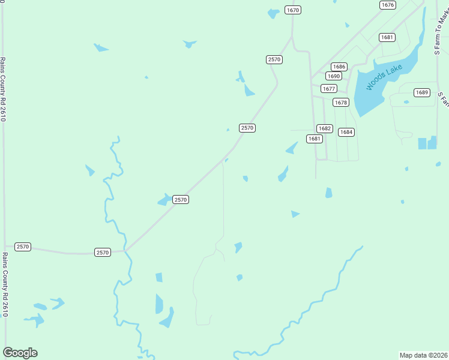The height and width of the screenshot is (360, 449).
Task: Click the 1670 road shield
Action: pyautogui.click(x=293, y=10)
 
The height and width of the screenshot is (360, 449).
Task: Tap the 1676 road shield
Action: pyautogui.click(x=388, y=5)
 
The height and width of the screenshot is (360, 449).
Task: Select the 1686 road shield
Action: pyautogui.click(x=339, y=67)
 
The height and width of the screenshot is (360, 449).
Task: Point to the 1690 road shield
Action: pyautogui.click(x=334, y=76)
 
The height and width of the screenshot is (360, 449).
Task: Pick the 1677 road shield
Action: pyautogui.click(x=328, y=89)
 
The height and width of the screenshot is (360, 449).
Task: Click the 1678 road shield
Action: pyautogui.click(x=341, y=103)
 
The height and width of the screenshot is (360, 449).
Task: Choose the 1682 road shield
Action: pyautogui.click(x=325, y=128)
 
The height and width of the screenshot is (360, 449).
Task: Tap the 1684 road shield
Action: pyautogui.click(x=346, y=132)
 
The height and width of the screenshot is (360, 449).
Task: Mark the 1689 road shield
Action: pyautogui.click(x=422, y=92)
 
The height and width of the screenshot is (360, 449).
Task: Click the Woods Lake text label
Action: pyautogui.click(x=384, y=79)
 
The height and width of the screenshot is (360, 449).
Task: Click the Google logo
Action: pyautogui.click(x=20, y=353)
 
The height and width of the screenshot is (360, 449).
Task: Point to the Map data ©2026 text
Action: pyautogui.click(x=423, y=355)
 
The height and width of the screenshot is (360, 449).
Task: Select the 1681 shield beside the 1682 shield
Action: pyautogui.click(x=314, y=139)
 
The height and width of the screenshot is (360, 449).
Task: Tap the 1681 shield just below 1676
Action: pyautogui.click(x=387, y=37)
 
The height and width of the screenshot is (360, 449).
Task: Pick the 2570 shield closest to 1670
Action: pyautogui.click(x=274, y=59)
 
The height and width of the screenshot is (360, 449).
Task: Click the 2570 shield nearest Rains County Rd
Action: pyautogui.click(x=22, y=247)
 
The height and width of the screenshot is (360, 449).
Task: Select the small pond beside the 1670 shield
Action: pyautogui.click(x=274, y=13)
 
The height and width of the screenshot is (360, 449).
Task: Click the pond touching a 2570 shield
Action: pyautogui.click(x=164, y=200)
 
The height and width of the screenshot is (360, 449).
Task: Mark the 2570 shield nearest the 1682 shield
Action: pyautogui.click(x=247, y=128)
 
